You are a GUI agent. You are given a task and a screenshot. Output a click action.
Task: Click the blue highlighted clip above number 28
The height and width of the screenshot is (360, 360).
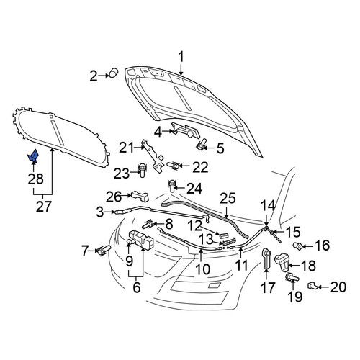click(33, 156)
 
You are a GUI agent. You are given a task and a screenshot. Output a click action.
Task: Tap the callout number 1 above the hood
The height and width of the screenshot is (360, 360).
click(181, 58)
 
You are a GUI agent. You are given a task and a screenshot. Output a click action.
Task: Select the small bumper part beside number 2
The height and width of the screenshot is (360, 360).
click(114, 73)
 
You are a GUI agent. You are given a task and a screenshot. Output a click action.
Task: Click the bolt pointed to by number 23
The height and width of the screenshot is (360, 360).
click(142, 170)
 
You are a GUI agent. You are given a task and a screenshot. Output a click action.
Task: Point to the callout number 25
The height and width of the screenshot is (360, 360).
click(228, 199)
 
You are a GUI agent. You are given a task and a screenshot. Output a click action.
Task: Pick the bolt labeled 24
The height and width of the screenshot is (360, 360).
click(172, 186)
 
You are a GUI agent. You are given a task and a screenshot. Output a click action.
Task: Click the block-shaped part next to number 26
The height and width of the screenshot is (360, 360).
click(140, 196)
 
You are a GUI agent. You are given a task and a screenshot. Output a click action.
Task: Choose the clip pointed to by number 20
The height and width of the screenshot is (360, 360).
click(312, 285)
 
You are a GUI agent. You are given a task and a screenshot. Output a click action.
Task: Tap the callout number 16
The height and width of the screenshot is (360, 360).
click(323, 246)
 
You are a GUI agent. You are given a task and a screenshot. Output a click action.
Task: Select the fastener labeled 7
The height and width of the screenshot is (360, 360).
click(104, 250)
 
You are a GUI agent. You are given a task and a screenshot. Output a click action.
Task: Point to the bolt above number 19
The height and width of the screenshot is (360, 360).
click(292, 278)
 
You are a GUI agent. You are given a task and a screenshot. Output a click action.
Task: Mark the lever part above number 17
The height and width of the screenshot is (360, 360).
click(266, 258)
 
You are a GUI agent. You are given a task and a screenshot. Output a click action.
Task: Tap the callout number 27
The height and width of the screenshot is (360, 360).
click(44, 207)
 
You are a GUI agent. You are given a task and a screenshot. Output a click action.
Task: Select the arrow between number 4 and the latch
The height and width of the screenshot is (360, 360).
click(166, 131)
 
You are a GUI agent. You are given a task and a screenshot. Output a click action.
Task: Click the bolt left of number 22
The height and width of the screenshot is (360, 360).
click(173, 166)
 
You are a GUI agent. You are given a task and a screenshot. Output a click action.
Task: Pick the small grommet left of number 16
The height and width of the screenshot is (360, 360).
click(298, 246)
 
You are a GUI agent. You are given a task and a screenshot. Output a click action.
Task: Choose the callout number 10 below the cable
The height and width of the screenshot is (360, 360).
click(202, 269)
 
